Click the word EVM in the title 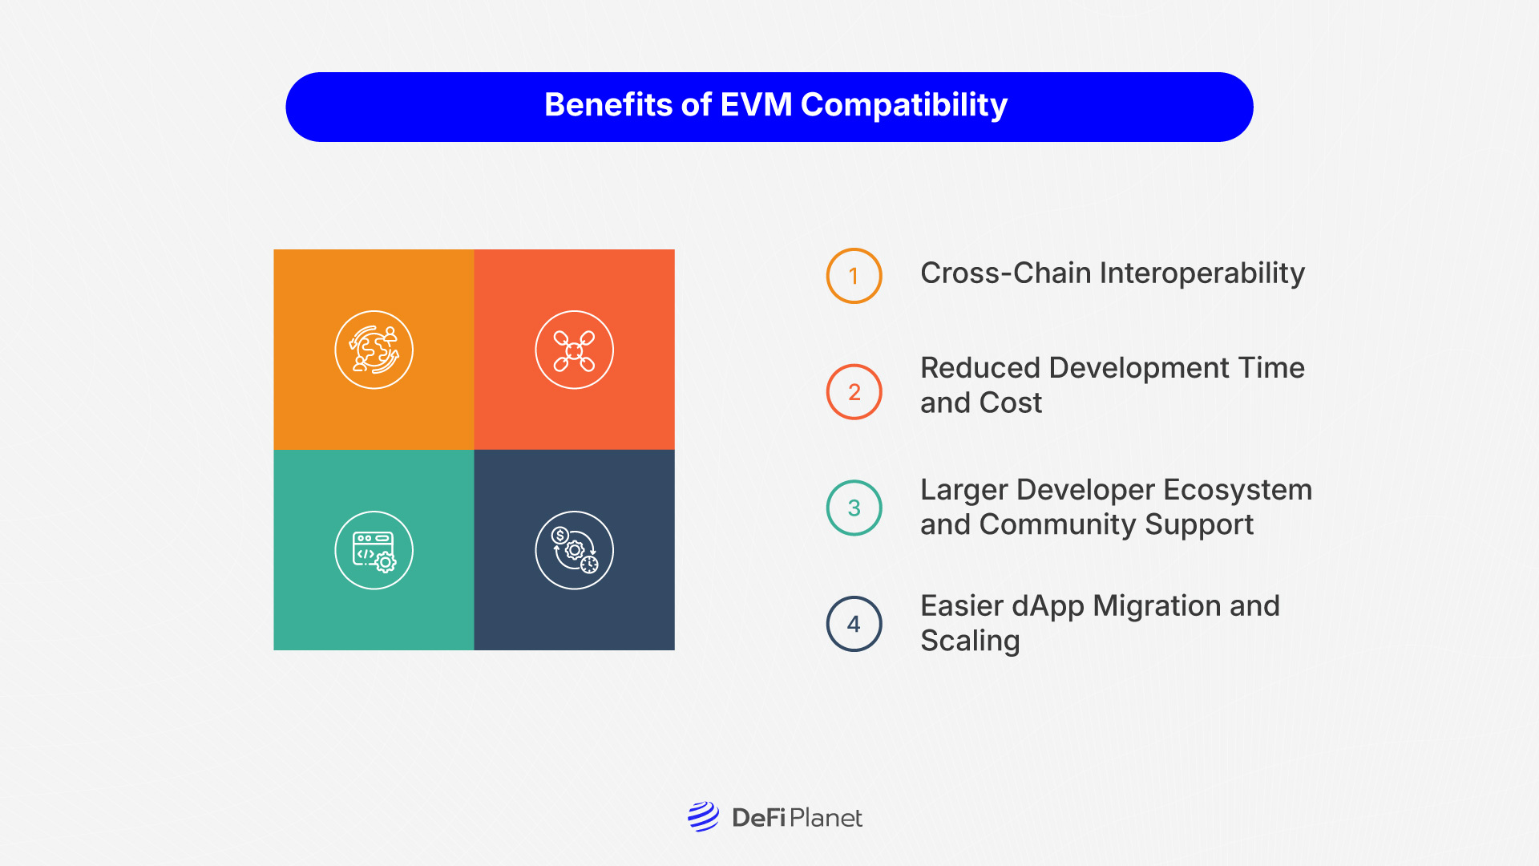point(756,105)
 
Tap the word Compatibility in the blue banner point(903,105)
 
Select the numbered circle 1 point(854,276)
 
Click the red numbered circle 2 point(854,392)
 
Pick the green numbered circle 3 point(854,508)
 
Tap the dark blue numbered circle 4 point(854,624)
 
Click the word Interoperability point(1202,273)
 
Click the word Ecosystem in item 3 point(1238,490)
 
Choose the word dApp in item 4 point(1048,606)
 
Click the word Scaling point(970,641)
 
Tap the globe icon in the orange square point(374,350)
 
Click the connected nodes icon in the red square point(574,350)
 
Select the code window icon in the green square point(374,550)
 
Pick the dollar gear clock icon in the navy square point(574,550)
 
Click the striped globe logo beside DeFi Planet point(703,817)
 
